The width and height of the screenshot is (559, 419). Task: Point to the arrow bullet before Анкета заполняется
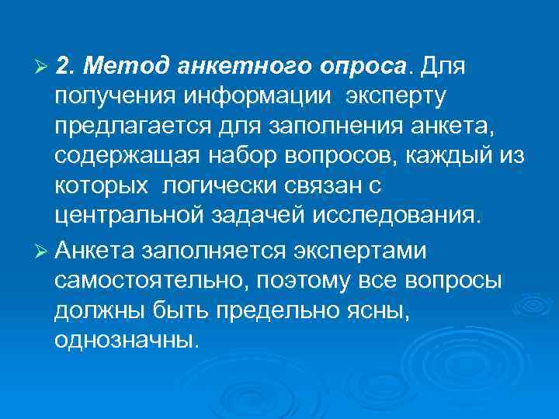(x=43, y=251)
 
